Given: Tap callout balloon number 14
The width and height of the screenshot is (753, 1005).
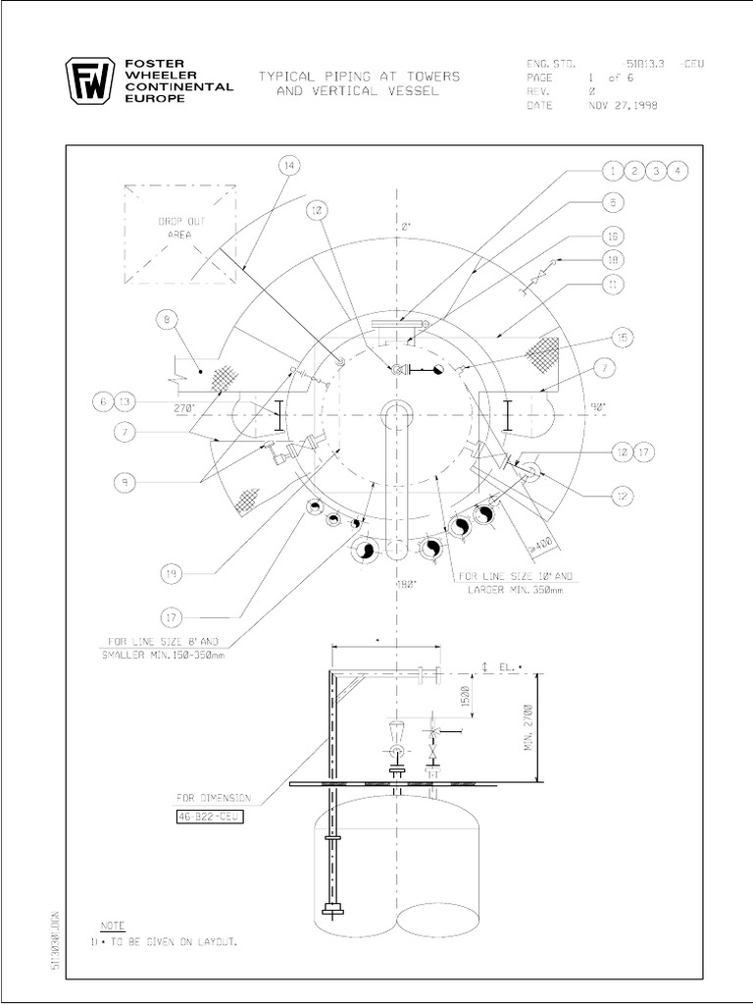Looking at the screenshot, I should [288, 166].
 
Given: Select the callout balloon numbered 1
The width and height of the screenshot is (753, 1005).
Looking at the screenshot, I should [613, 172].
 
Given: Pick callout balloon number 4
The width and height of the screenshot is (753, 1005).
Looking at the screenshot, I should [678, 172].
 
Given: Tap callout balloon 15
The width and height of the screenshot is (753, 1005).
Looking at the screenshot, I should [621, 337].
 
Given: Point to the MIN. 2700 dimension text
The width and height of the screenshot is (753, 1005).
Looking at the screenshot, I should [527, 727].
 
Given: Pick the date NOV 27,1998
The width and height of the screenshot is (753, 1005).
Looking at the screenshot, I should [624, 106].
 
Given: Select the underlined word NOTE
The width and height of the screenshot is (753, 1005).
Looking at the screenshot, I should [114, 926].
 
